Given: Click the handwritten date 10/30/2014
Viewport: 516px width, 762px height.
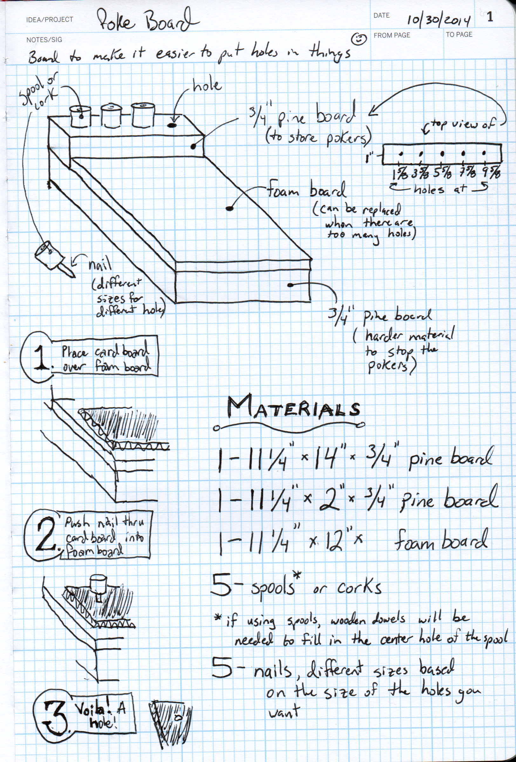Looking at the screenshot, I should click(439, 20).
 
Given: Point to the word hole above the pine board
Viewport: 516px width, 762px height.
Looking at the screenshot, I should click(207, 86).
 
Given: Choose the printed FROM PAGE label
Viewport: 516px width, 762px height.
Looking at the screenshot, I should click(392, 35).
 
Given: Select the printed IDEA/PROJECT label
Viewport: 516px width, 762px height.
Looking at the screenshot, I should click(50, 20).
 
